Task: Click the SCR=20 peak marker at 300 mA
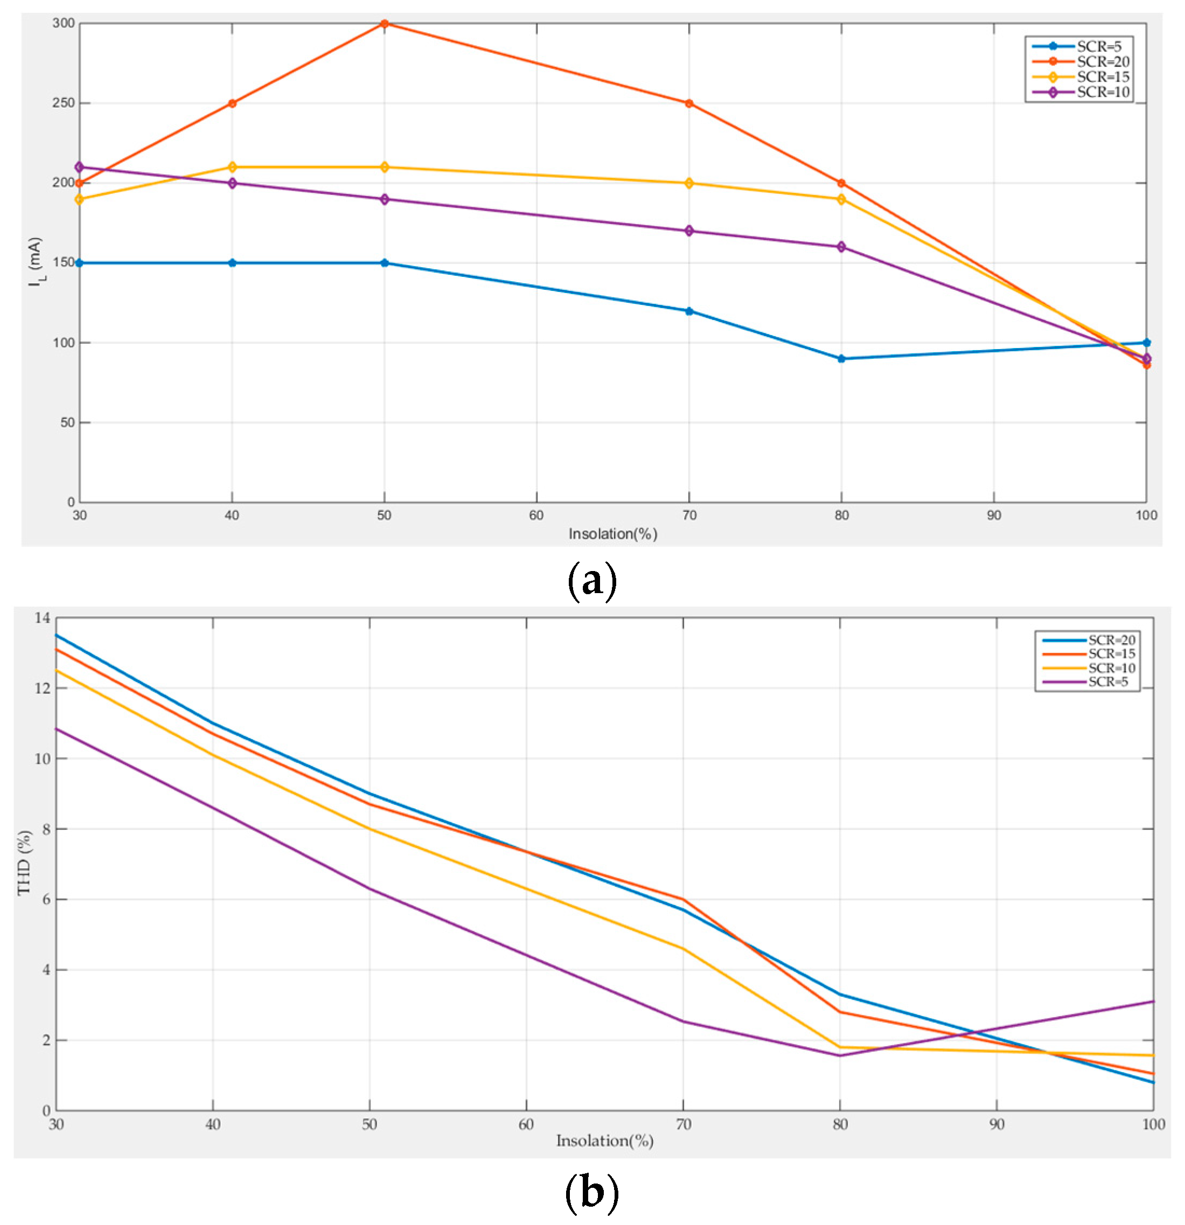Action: pyautogui.click(x=385, y=24)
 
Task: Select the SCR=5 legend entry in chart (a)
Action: pyautogui.click(x=1098, y=46)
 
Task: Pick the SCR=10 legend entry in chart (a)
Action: pyautogui.click(x=1103, y=93)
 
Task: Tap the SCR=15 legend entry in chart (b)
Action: pyautogui.click(x=1111, y=654)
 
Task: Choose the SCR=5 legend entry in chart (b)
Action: pyautogui.click(x=1107, y=682)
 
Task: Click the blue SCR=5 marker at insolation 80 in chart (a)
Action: pyautogui.click(x=841, y=359)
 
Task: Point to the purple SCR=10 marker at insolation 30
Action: pyautogui.click(x=79, y=168)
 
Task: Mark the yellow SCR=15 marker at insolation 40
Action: pyautogui.click(x=232, y=168)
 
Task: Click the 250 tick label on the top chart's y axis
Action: pyautogui.click(x=64, y=103)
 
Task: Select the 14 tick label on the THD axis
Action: pyautogui.click(x=42, y=618)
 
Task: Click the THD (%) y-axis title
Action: pyautogui.click(x=24, y=862)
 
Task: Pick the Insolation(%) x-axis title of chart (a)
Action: pyautogui.click(x=612, y=534)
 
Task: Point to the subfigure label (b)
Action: pyautogui.click(x=591, y=1193)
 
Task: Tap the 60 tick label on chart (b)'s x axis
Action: pyautogui.click(x=526, y=1124)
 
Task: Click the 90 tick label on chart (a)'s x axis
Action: pyautogui.click(x=994, y=516)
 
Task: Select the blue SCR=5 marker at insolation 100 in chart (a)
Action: pyautogui.click(x=1146, y=343)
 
